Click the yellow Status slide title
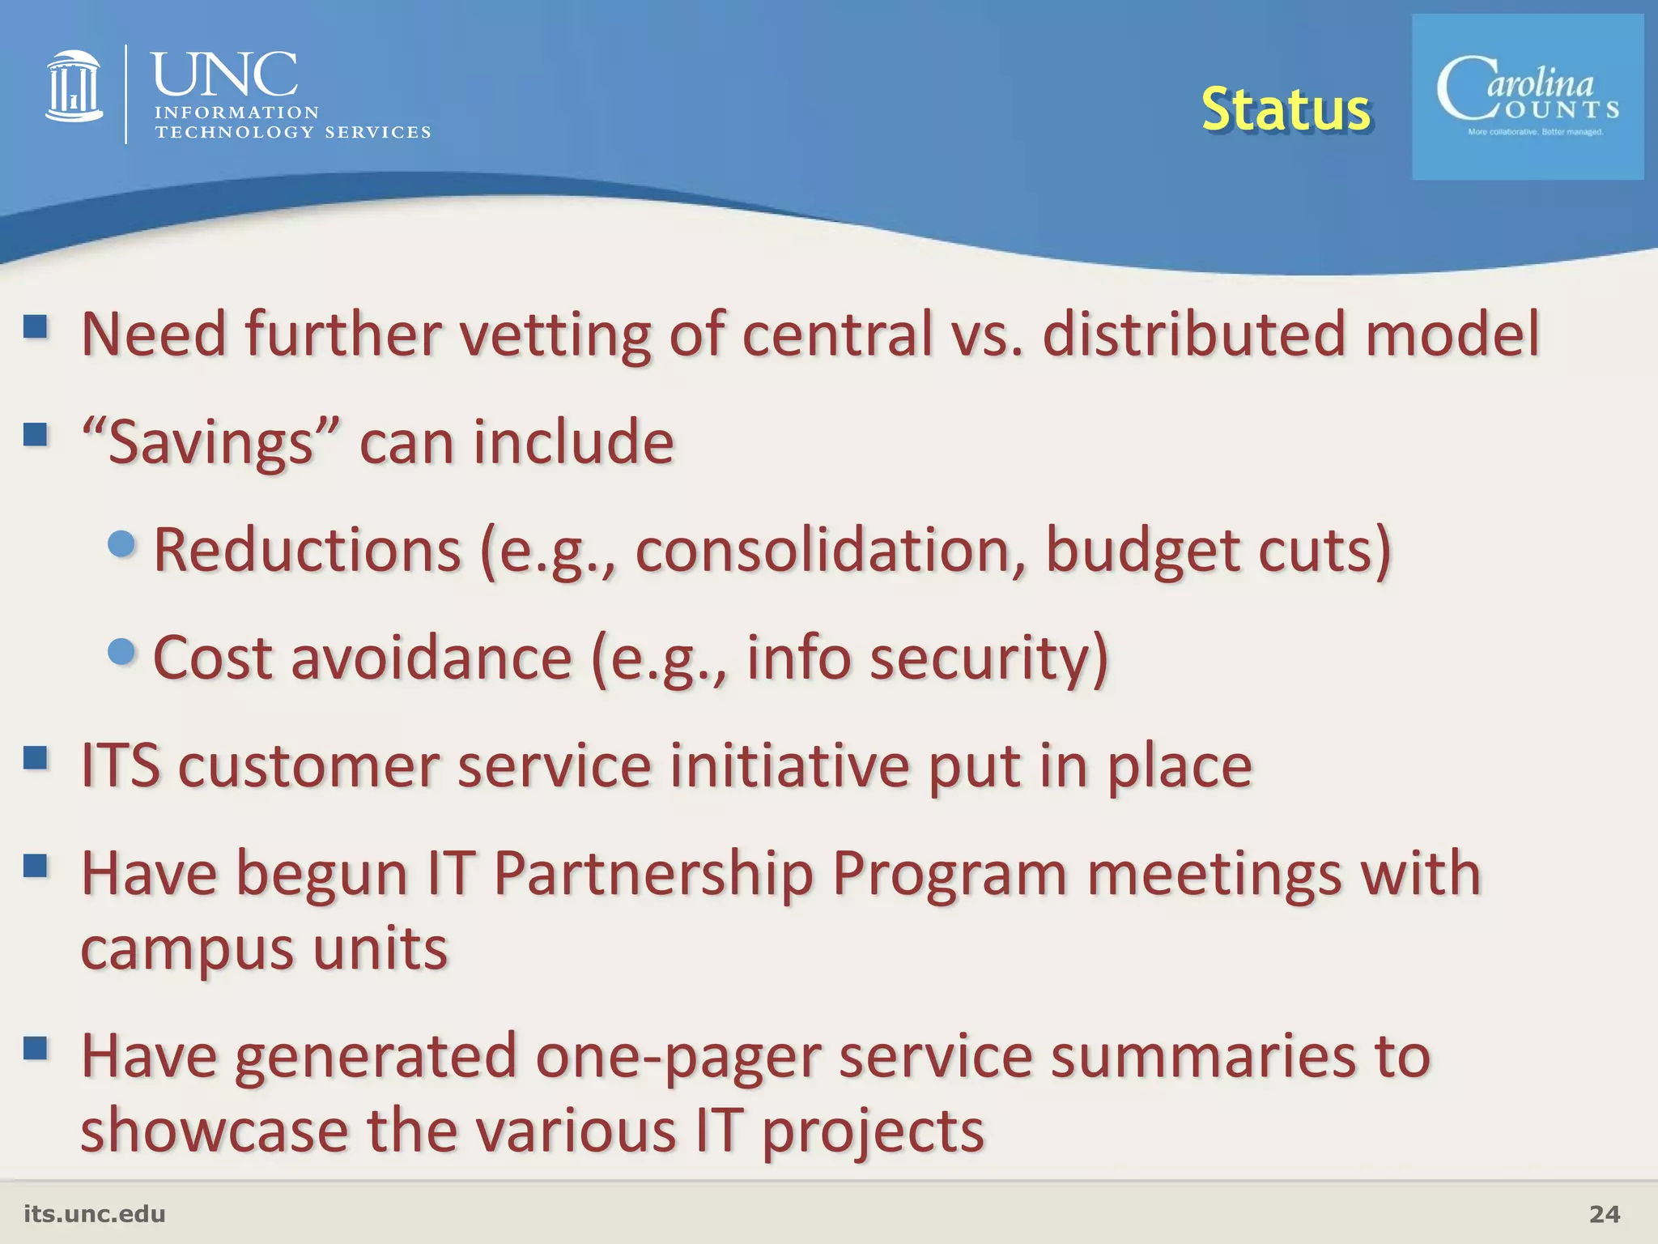pos(1285,109)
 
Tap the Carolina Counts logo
pos(1528,97)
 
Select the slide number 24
pos(1605,1214)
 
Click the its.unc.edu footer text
pos(95,1214)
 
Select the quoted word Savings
pos(210,442)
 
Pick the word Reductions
pos(307,550)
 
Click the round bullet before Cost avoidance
pos(121,651)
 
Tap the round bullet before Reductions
pos(121,543)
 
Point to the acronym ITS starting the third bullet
pos(121,765)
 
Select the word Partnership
pos(653,874)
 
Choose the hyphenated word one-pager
pos(678,1057)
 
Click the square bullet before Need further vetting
pos(36,327)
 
